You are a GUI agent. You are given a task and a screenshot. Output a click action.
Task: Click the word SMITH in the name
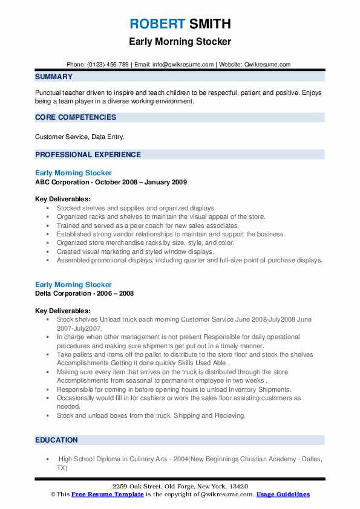[209, 24]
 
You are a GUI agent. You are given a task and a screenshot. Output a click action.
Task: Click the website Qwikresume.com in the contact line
[267, 64]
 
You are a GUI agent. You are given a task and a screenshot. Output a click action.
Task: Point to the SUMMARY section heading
[54, 77]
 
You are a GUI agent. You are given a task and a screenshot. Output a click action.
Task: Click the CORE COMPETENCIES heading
[76, 117]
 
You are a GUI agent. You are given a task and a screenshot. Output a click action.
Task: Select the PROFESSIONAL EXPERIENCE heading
[88, 155]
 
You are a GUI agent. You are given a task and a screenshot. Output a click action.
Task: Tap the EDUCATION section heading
[56, 440]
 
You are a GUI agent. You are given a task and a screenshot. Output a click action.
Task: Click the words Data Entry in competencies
[107, 137]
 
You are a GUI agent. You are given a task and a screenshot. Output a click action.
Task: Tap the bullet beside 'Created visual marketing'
[48, 251]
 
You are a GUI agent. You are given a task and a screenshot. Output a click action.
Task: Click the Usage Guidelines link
[283, 494]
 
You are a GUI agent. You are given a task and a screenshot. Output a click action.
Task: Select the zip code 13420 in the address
[239, 487]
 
